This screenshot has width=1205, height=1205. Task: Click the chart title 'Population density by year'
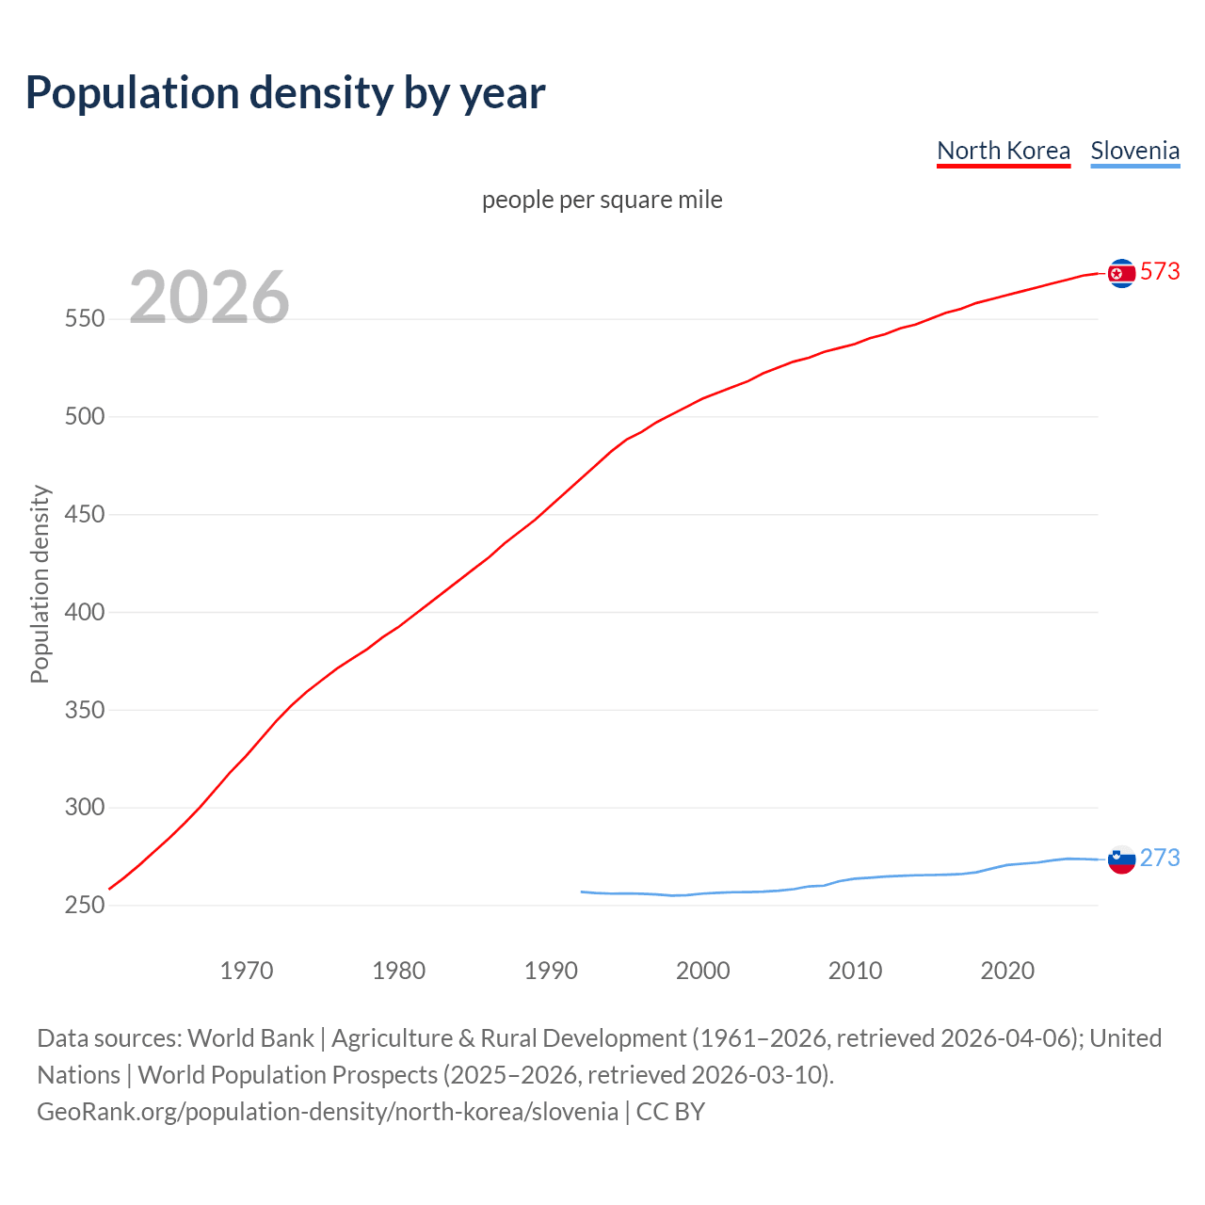tap(285, 93)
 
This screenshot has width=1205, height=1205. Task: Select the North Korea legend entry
tap(1004, 151)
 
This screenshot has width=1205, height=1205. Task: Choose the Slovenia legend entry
tap(1134, 151)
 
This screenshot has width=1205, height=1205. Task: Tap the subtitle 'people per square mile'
tap(602, 200)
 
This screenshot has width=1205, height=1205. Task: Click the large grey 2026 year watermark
tap(209, 297)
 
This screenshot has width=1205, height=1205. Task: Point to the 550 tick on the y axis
tap(84, 319)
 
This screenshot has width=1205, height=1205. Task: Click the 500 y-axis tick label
tap(84, 417)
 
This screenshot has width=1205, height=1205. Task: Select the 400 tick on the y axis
tap(84, 612)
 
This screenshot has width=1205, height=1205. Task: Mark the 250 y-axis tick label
tap(84, 905)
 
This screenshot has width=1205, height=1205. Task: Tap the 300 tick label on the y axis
tap(84, 808)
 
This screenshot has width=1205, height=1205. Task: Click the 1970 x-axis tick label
tap(247, 971)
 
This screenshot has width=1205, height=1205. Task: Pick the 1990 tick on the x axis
tap(551, 971)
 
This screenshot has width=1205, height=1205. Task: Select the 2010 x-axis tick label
tap(855, 971)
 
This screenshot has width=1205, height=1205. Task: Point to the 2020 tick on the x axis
tap(1007, 971)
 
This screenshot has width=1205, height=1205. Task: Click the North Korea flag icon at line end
tap(1121, 273)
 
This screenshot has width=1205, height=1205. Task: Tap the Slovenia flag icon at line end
tap(1121, 859)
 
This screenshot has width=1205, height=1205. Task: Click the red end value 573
tap(1160, 271)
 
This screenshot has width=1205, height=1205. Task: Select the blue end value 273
tap(1160, 858)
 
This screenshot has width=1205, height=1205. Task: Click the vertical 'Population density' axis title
tap(40, 584)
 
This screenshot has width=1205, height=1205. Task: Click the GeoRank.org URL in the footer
tap(328, 1112)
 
